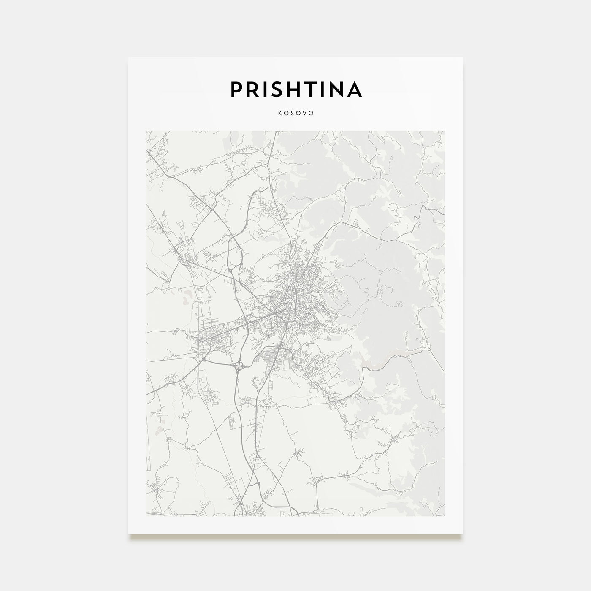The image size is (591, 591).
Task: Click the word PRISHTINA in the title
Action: [295, 89]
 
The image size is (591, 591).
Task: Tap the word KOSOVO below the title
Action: [295, 114]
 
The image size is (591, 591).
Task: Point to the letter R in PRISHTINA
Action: [253, 89]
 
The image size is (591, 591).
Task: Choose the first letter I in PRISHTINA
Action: [266, 89]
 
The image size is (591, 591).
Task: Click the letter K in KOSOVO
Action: [279, 114]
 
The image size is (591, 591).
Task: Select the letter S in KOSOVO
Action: [292, 114]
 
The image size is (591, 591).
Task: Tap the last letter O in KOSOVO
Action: [312, 114]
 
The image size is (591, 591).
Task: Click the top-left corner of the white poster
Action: [129, 57]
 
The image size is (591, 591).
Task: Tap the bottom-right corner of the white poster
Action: [463, 534]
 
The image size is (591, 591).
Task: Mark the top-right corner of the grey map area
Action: [445, 131]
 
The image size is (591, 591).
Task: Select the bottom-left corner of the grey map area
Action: [146, 516]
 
